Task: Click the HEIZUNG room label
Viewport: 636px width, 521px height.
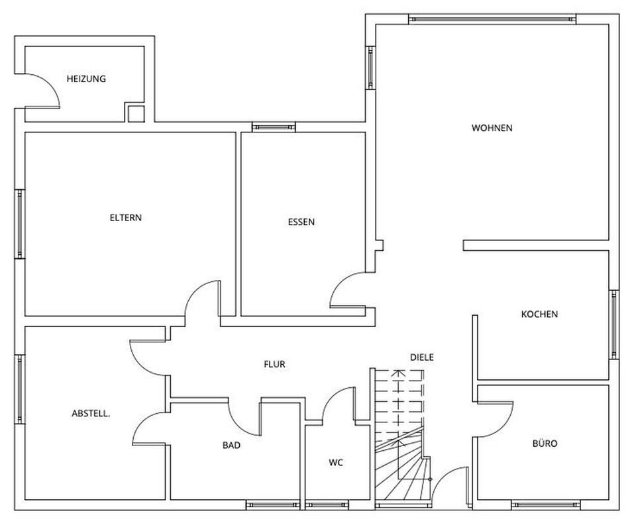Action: coord(86,79)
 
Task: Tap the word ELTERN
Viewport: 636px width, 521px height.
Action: coord(126,217)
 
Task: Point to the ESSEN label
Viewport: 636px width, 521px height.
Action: coord(301,222)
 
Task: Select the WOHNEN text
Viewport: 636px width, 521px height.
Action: coord(492,128)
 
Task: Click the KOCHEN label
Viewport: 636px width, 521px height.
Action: coord(539,314)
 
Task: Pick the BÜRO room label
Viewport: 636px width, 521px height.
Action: coord(545,443)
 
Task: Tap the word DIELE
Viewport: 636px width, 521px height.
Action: coord(421,357)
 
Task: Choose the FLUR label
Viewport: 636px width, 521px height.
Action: coord(274,363)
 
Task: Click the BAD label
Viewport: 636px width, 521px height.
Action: coord(231,446)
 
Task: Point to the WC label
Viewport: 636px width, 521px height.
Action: coord(336,463)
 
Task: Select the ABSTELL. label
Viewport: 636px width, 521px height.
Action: coord(91,414)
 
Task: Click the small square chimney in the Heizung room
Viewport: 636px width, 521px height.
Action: coord(135,113)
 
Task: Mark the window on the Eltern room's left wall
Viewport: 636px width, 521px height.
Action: coord(20,223)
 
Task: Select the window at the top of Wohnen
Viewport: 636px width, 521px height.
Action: coord(492,19)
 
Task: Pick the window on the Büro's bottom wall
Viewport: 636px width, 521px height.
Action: coord(543,504)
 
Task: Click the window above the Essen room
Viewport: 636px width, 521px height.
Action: coord(274,127)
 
